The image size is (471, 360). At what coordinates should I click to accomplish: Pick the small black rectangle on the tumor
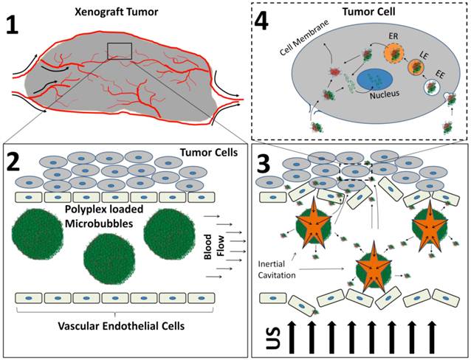[120, 51]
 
